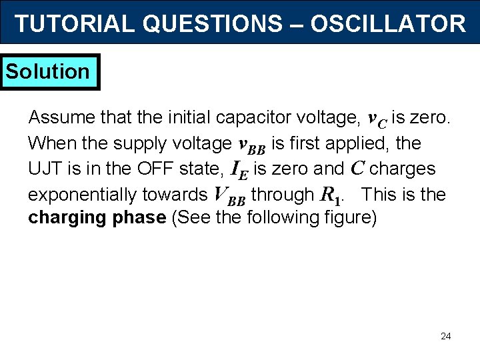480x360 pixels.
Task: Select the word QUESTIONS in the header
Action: (x=212, y=24)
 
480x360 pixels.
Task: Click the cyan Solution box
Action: (x=49, y=71)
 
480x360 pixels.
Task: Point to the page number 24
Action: (x=445, y=336)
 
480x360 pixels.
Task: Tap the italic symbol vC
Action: (x=377, y=120)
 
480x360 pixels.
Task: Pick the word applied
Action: (x=374, y=143)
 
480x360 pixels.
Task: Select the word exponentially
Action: (x=83, y=195)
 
